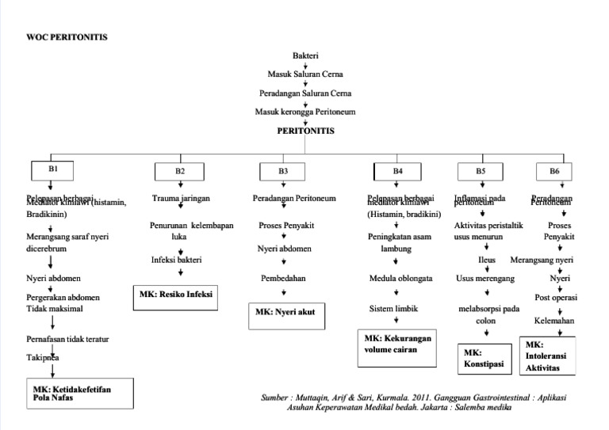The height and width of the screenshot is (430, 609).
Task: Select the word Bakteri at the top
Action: click(305, 56)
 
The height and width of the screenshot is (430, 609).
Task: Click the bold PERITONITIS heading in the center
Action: click(305, 131)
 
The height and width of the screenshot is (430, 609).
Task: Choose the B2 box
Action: click(180, 171)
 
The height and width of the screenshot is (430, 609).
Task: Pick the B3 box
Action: click(283, 171)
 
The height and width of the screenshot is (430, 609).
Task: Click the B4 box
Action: click(398, 171)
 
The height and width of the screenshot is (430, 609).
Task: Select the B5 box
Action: click(481, 171)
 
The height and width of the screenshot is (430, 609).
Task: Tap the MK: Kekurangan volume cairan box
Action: click(398, 349)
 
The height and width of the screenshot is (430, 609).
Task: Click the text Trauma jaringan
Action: click(181, 199)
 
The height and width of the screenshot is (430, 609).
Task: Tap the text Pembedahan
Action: click(284, 279)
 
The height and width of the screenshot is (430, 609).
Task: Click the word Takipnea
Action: click(42, 358)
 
